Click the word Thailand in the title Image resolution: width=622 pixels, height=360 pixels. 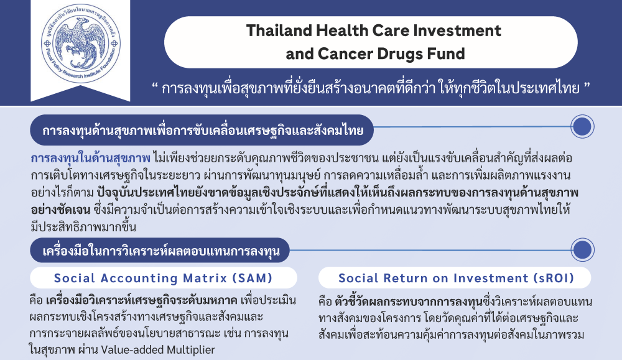pyautogui.click(x=278, y=30)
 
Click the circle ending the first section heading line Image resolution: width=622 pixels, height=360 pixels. pyautogui.click(x=582, y=126)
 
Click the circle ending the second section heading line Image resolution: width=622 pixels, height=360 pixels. pyautogui.click(x=582, y=250)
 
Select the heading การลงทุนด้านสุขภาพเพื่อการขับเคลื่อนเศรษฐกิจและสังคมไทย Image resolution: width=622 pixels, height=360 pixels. pyautogui.click(x=203, y=131)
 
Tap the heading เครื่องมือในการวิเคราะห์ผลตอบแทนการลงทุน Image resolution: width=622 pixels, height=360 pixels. pyautogui.click(x=161, y=251)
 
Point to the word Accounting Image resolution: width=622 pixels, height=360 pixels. pyautogui.click(x=139, y=279)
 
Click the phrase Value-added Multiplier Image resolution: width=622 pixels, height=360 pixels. pyautogui.click(x=158, y=350)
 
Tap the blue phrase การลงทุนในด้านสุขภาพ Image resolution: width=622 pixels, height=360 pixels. pyautogui.click(x=91, y=158)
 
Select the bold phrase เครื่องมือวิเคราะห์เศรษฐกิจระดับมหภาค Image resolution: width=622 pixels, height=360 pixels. pyautogui.click(x=142, y=300)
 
